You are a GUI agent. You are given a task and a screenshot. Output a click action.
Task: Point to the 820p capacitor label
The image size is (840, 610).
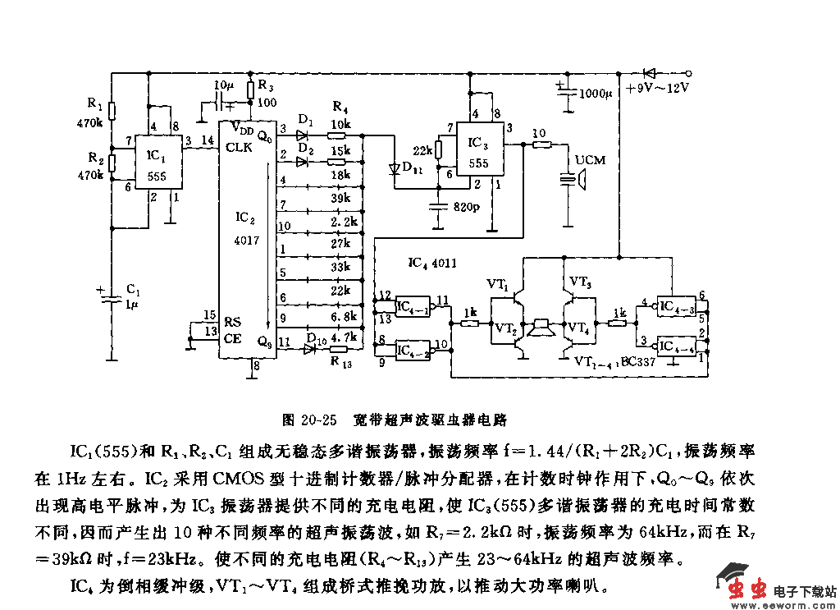467,207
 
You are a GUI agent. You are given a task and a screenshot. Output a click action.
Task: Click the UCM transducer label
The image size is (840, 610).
591,159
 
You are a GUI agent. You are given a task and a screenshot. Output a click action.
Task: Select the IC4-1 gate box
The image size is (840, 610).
413,305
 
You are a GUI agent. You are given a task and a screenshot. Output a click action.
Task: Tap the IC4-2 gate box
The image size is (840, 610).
413,349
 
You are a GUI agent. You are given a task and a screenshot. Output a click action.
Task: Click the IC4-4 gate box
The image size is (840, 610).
679,346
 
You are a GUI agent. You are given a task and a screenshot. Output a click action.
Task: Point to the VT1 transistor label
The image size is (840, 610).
498,284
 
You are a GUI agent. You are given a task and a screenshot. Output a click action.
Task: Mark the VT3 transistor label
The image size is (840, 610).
581,282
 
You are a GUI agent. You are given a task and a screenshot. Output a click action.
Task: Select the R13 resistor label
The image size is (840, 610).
341,363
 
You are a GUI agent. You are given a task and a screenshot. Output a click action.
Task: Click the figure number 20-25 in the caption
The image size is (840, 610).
320,420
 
